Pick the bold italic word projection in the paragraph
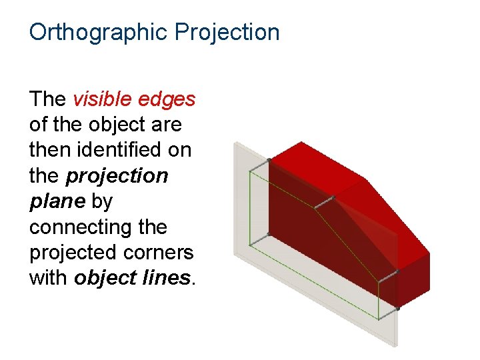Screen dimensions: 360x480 (117, 176)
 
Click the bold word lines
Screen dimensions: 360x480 (169, 278)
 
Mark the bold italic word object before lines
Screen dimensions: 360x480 (104, 278)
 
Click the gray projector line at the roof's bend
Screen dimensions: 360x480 (324, 201)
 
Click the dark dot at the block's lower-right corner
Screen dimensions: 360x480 (398, 309)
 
